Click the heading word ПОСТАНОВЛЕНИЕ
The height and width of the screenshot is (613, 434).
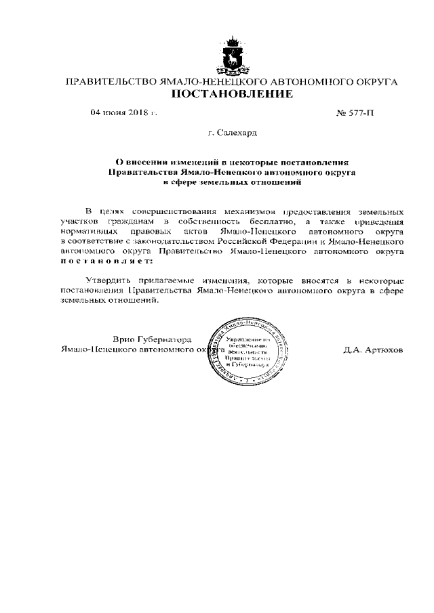click(231, 93)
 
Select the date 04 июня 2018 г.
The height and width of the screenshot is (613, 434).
click(124, 112)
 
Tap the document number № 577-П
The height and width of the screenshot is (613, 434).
click(355, 112)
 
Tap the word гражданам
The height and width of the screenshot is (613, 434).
click(128, 221)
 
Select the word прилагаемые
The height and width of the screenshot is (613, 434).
click(163, 279)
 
